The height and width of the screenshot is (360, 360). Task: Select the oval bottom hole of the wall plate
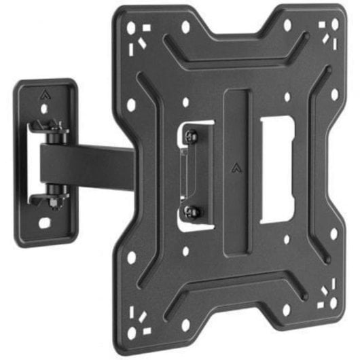pos(46,223)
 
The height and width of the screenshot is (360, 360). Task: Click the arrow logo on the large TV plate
pos(236,165)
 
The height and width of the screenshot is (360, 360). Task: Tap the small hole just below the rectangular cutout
pos(287,238)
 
